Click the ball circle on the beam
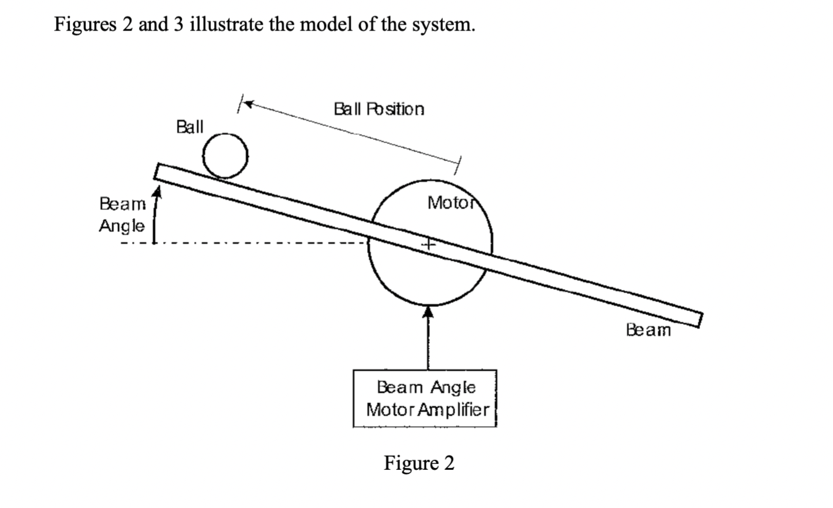tap(225, 155)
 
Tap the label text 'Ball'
tap(189, 127)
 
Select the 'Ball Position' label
tap(378, 109)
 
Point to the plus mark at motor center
tap(429, 243)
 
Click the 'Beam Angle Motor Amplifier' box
tap(425, 398)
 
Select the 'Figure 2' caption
tap(419, 463)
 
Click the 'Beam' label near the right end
tap(648, 330)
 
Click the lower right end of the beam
tap(697, 320)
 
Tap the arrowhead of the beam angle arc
tap(157, 192)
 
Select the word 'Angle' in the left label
tap(121, 226)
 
